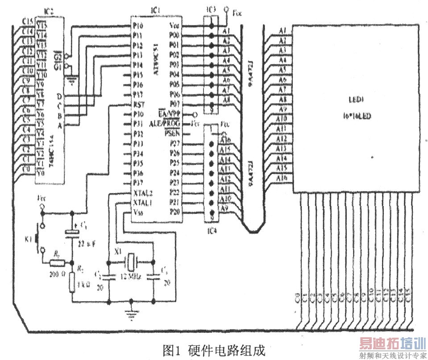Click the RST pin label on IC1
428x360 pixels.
pos(137,104)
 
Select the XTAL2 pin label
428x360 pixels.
pos(143,193)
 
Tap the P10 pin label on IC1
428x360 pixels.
pos(137,25)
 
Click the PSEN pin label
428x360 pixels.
pos(171,133)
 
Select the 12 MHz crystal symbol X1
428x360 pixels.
pos(131,259)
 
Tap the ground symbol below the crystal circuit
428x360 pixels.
pos(131,315)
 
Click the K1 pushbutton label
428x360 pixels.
pos(29,240)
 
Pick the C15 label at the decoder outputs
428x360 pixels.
pos(28,21)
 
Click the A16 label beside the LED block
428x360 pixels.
pos(282,178)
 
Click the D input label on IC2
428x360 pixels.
pos(59,96)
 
